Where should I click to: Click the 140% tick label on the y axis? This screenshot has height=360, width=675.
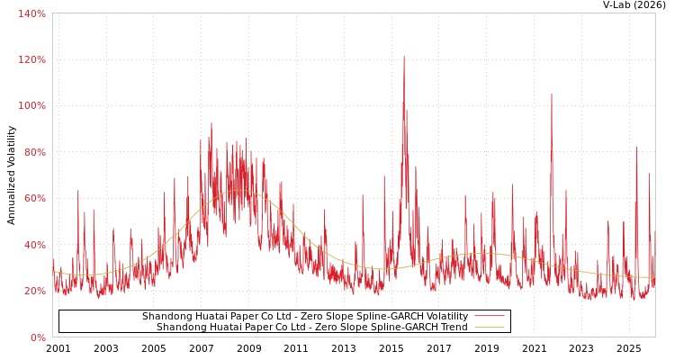[x=31, y=13]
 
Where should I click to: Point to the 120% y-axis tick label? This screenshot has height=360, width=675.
[x=31, y=59]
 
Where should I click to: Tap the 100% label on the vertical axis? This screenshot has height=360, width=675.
[x=31, y=105]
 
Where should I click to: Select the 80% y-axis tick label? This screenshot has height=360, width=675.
[x=33, y=152]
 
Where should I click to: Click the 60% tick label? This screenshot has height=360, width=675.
[x=33, y=198]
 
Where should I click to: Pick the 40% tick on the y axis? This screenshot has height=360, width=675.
[x=33, y=245]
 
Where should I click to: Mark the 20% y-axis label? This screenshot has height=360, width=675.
[x=33, y=291]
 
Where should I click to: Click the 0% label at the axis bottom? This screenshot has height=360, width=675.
[x=37, y=337]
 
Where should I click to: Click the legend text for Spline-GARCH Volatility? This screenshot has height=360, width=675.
[x=304, y=317]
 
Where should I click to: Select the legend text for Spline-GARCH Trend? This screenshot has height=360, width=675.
[x=311, y=328]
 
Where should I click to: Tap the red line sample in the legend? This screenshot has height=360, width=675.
[x=489, y=317]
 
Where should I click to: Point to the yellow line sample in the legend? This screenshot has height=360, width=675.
[x=489, y=328]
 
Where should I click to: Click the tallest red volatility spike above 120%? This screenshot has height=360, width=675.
[x=404, y=58]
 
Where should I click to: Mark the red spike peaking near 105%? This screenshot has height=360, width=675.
[x=552, y=94]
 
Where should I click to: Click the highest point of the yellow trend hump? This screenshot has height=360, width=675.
[x=238, y=191]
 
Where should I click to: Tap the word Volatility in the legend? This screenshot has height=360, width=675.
[x=445, y=317]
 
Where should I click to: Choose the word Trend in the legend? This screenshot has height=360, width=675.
[x=453, y=328]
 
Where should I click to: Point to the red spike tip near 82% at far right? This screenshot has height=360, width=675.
[x=636, y=148]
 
